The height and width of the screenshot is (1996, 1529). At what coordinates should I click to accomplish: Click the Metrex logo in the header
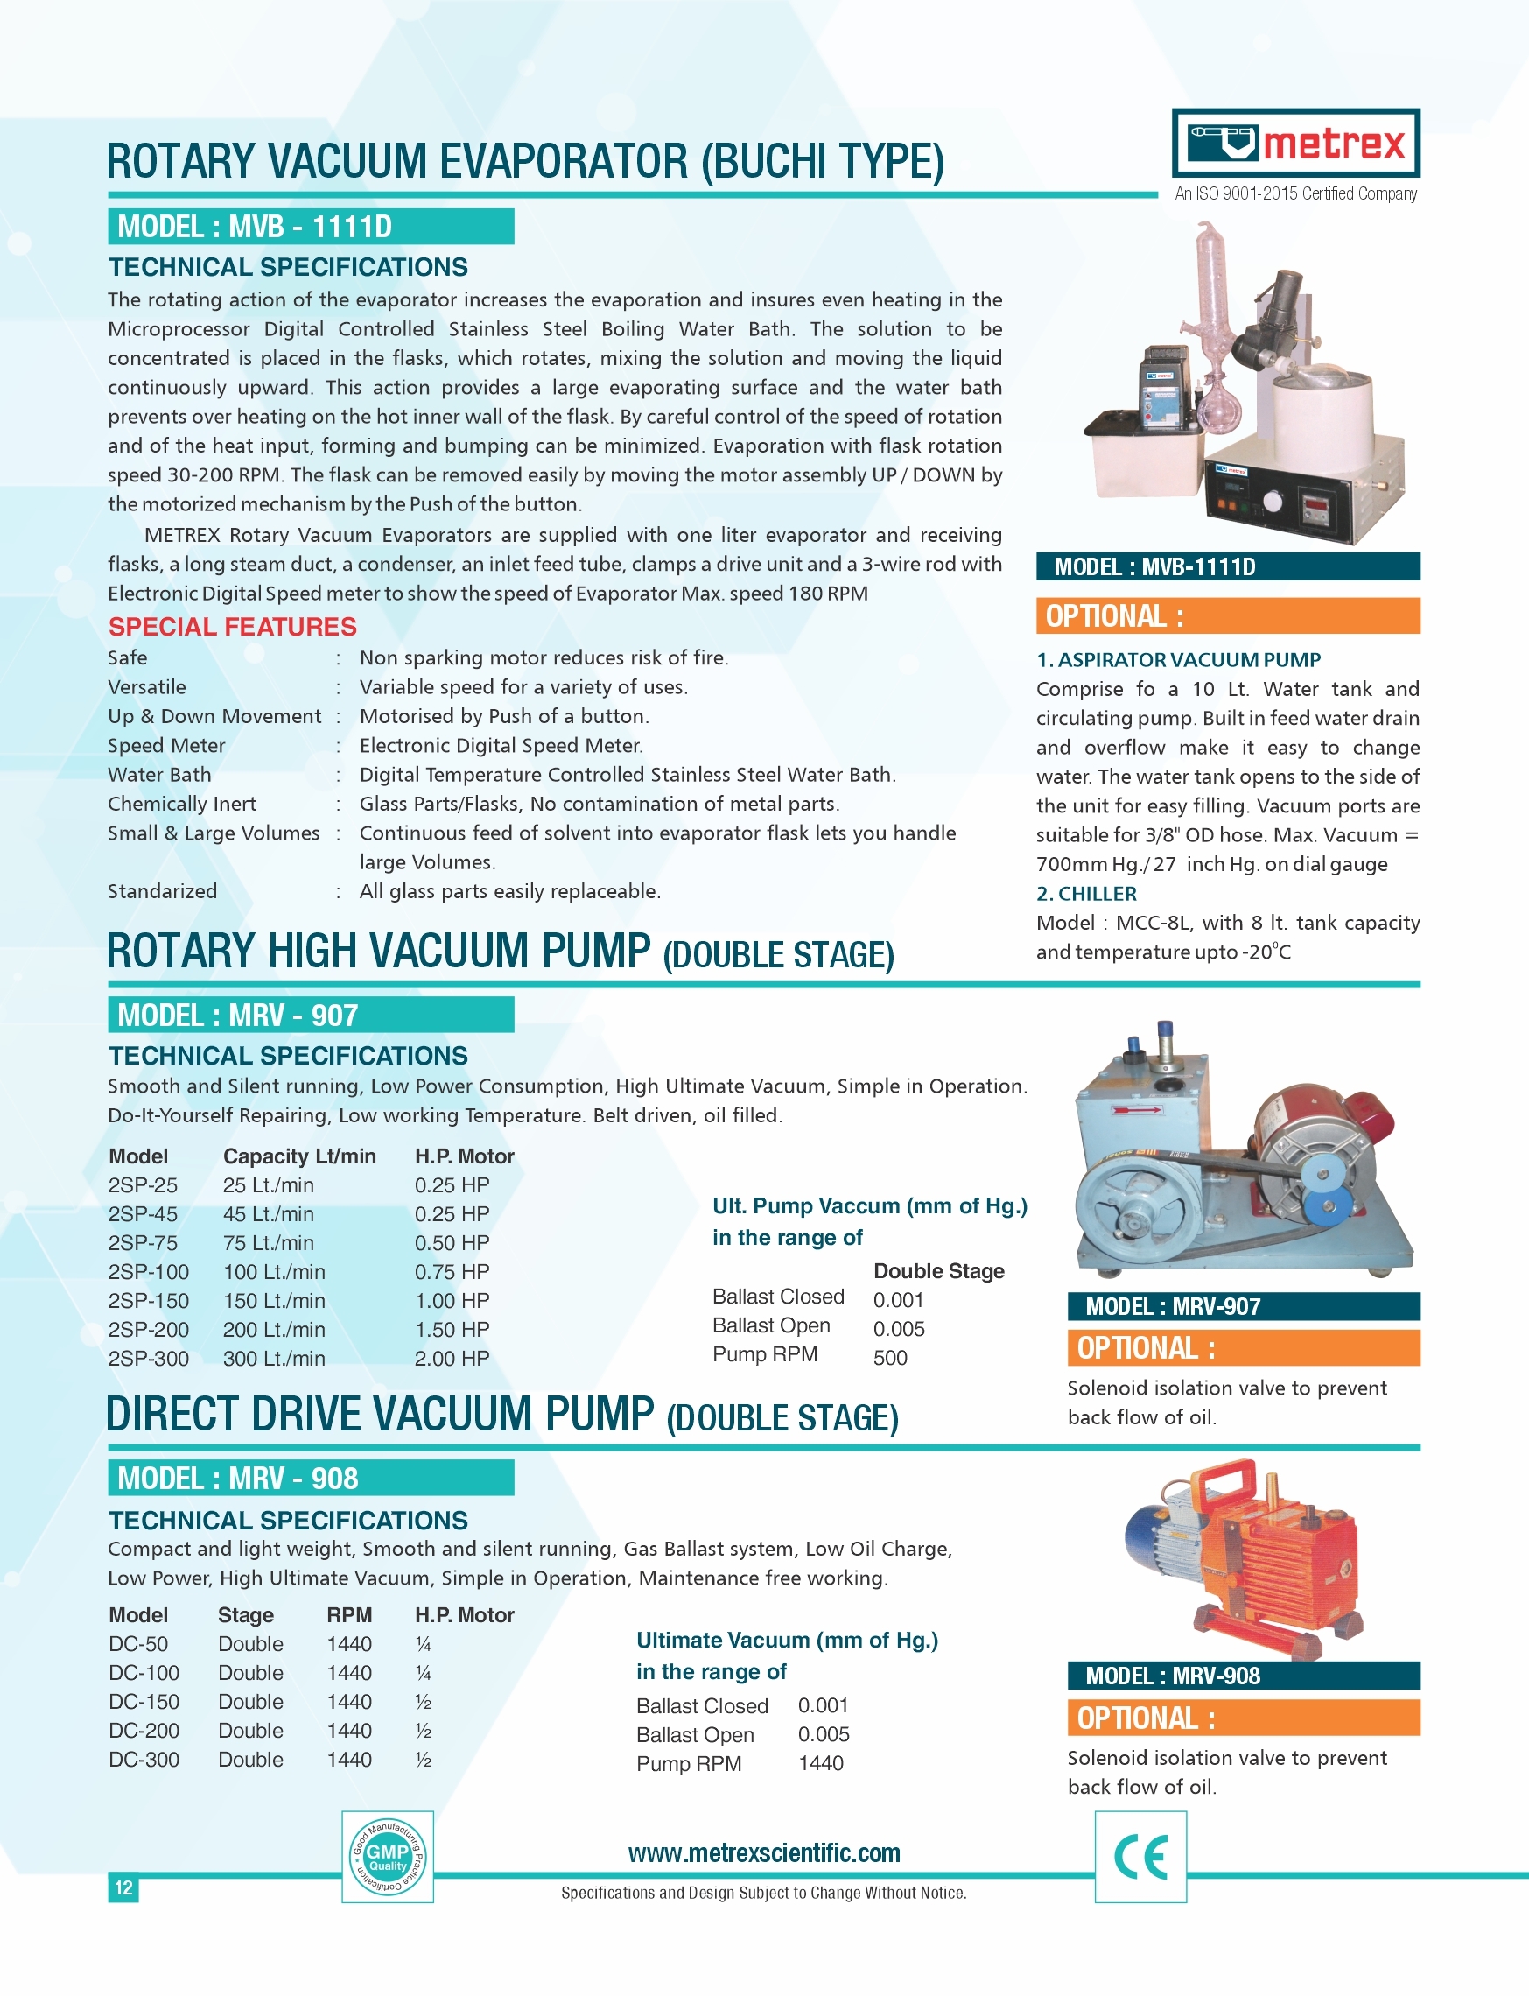tap(1295, 143)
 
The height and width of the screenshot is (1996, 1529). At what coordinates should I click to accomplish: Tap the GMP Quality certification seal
tap(388, 1856)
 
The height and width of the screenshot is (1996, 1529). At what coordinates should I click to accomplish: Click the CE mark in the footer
tap(1140, 1857)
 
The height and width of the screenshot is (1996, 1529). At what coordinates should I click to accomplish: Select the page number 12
tap(123, 1887)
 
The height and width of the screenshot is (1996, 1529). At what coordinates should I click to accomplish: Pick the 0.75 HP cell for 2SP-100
tap(452, 1271)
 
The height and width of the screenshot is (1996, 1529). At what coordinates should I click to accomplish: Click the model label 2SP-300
tap(149, 1358)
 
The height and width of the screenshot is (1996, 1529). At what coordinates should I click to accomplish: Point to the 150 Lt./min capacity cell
tap(274, 1301)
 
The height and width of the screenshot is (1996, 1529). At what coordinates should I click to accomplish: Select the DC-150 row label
tap(144, 1701)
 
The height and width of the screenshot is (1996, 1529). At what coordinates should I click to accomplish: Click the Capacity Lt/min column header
tap(299, 1156)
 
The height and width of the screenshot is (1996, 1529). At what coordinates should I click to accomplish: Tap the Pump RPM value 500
tap(890, 1357)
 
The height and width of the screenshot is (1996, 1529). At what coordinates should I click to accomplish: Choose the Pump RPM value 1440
tap(821, 1763)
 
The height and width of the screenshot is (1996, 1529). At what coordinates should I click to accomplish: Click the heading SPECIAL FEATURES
tap(232, 626)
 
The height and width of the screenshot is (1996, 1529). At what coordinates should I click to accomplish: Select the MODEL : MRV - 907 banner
tap(311, 1015)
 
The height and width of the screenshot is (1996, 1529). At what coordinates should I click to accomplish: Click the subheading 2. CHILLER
tap(1087, 893)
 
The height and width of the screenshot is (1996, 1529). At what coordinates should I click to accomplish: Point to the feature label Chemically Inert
tap(182, 804)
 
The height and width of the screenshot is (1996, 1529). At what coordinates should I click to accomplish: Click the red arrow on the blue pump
tap(1137, 1110)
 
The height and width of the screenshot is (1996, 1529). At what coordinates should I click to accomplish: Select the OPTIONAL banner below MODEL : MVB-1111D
tap(1228, 616)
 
